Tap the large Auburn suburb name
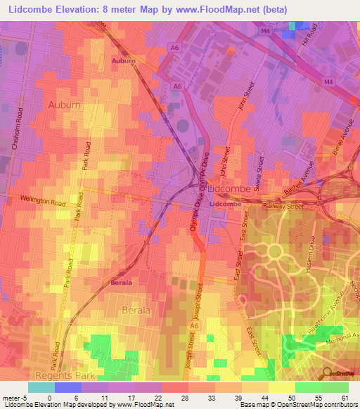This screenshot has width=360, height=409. click(64, 105)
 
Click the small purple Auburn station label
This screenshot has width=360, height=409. click(123, 62)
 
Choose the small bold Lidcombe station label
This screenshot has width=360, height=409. click(226, 204)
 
